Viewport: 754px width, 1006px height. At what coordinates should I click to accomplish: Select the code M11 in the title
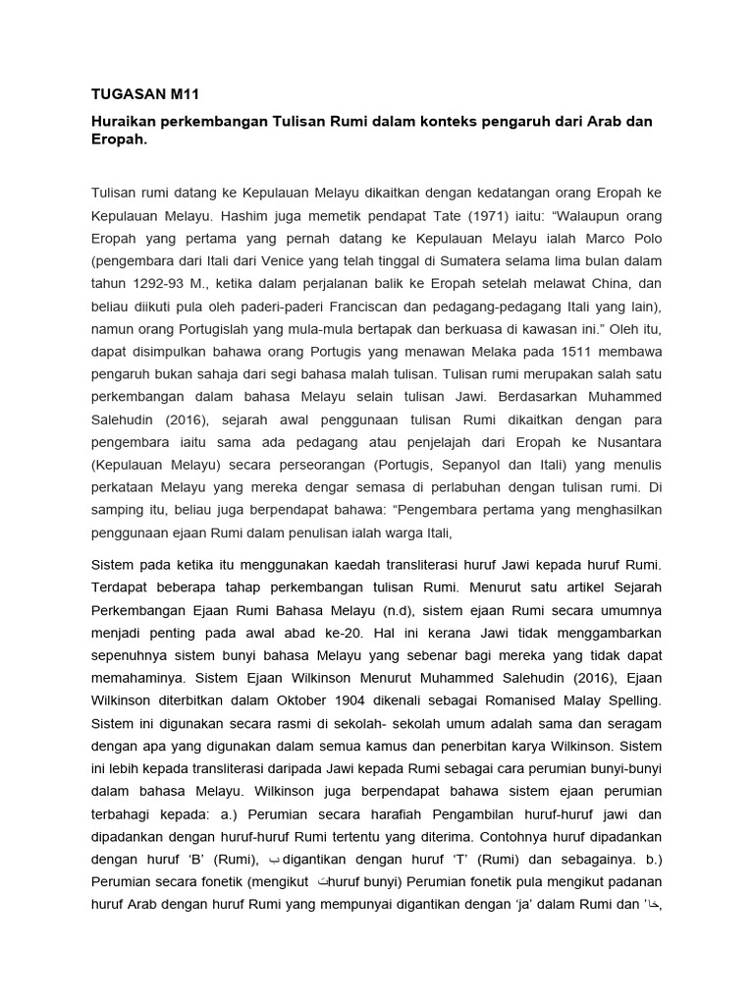click(x=184, y=94)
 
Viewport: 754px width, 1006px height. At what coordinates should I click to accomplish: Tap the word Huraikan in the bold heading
click(x=125, y=121)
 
